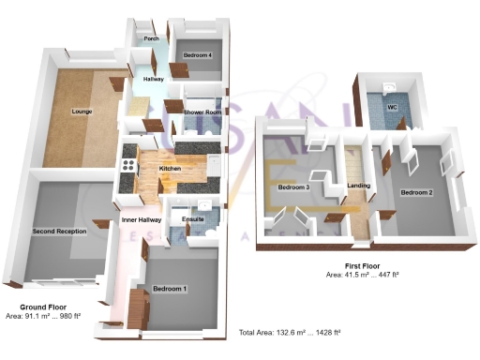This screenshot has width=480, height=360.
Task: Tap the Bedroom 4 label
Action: (198, 55)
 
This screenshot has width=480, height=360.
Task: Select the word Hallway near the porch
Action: (154, 79)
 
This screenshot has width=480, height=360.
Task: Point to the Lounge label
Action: (82, 112)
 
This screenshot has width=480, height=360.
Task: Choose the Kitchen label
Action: (170, 168)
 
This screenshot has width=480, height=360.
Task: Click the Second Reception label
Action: (59, 231)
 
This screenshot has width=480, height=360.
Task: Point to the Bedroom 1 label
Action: (172, 288)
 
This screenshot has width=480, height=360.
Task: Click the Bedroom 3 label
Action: (293, 187)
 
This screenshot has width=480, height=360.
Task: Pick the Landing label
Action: (357, 187)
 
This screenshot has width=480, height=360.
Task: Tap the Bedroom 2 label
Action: (416, 192)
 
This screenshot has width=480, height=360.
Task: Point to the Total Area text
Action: (290, 333)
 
